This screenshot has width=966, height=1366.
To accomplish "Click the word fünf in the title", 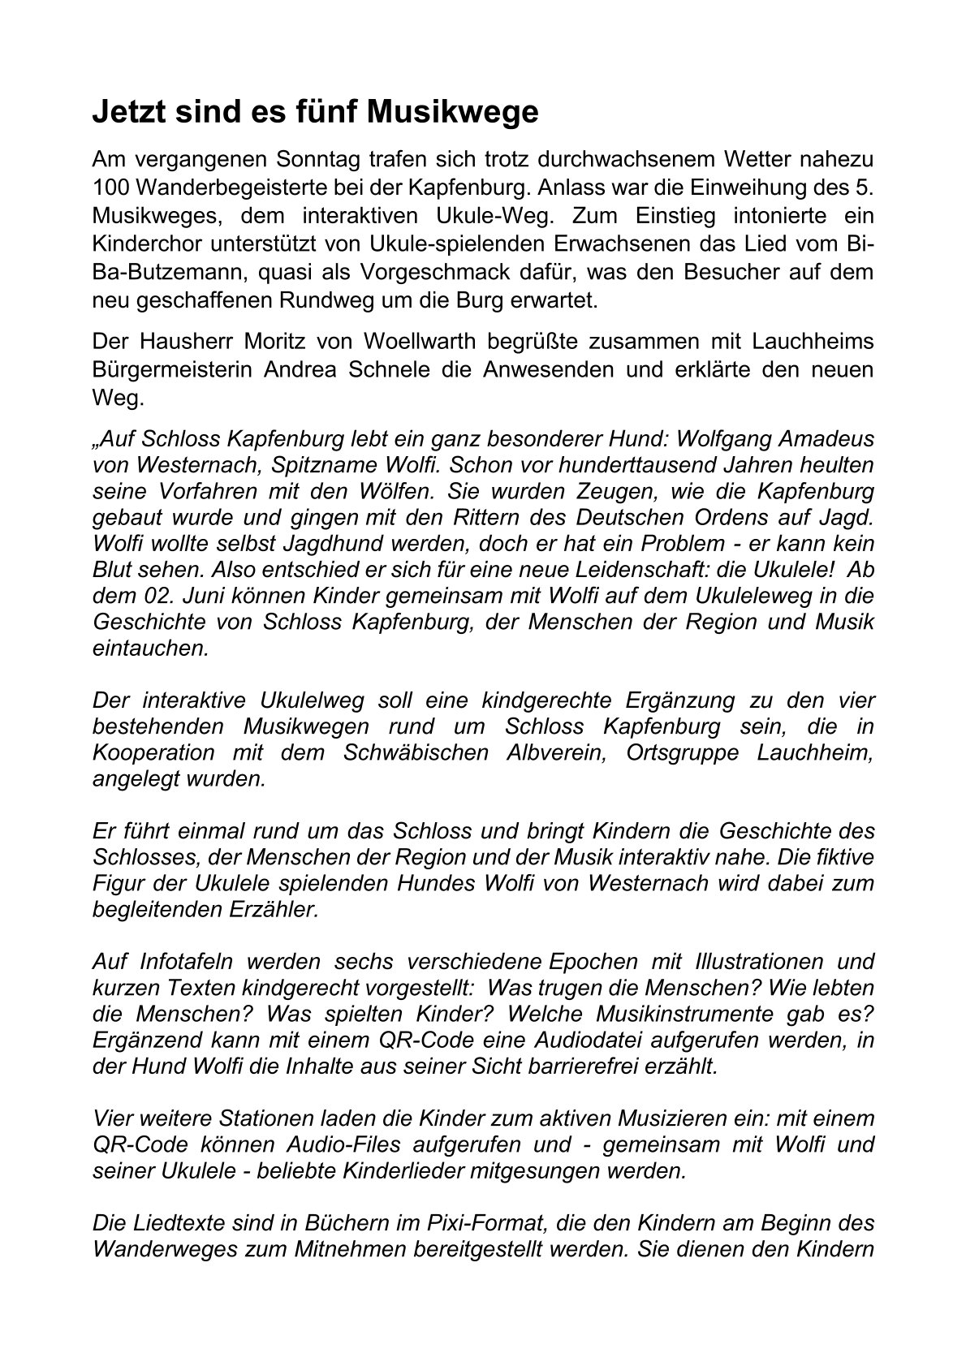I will tap(319, 112).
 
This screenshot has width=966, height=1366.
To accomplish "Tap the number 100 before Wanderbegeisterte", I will tap(111, 186).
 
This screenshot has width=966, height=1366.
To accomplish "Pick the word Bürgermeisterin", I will tap(171, 369).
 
